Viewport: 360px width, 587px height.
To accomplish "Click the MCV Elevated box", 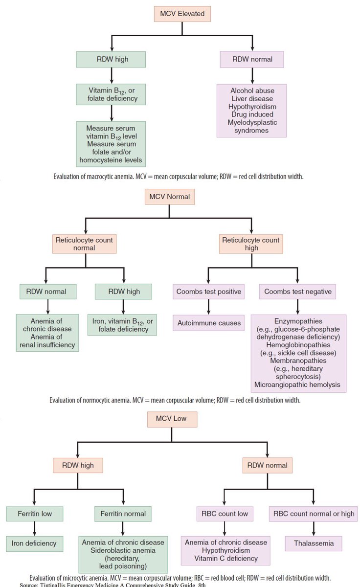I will click(182, 14).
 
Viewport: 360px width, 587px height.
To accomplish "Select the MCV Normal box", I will click(169, 198).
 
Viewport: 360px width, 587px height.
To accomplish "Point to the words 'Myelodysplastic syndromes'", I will click(252, 127).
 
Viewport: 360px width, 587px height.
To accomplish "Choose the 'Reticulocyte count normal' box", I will click(85, 244).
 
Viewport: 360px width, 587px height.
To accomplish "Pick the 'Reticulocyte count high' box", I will click(251, 244).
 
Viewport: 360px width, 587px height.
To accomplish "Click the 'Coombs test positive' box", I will click(209, 292).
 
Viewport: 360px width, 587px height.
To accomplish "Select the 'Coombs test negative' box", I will click(298, 292).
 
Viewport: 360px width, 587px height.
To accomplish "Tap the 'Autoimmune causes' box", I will click(209, 323).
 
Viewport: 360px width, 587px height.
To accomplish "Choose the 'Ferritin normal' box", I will click(123, 514).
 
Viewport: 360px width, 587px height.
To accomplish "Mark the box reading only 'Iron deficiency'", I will click(34, 543).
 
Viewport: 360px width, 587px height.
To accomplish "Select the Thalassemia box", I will click(313, 543).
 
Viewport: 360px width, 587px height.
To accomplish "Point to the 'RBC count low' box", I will click(225, 514).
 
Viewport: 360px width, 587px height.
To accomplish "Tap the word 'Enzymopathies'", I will click(298, 321).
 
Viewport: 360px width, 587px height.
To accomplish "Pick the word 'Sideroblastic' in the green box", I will click(104, 551).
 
